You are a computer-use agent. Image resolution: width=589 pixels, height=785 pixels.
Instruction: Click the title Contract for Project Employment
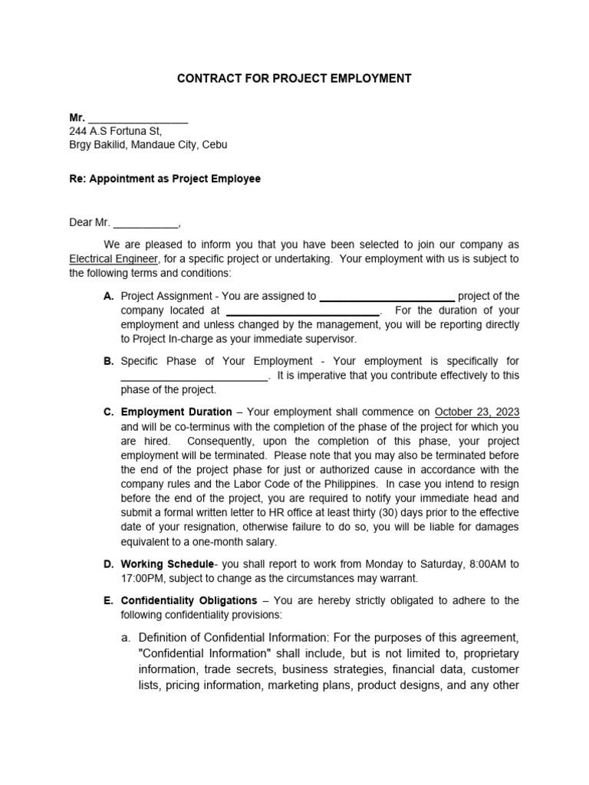pyautogui.click(x=294, y=78)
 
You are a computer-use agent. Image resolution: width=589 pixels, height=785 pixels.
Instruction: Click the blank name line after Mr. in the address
pyautogui.click(x=138, y=120)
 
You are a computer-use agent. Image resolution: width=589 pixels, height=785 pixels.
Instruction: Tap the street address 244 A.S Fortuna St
pyautogui.click(x=116, y=131)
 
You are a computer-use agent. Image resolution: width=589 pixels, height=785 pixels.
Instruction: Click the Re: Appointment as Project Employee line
pyautogui.click(x=165, y=179)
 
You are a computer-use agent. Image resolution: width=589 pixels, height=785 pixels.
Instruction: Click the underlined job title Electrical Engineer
pyautogui.click(x=114, y=259)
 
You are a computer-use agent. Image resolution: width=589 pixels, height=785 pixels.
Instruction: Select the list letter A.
pyautogui.click(x=108, y=296)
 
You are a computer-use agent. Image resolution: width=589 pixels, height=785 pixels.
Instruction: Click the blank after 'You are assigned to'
pyautogui.click(x=387, y=297)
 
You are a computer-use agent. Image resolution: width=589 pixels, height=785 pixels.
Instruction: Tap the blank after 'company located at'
pyautogui.click(x=303, y=312)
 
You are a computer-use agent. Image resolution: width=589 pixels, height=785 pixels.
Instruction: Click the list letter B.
pyautogui.click(x=108, y=361)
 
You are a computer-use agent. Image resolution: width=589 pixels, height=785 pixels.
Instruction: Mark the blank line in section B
pyautogui.click(x=194, y=376)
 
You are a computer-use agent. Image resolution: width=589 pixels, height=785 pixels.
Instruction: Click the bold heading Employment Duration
pyautogui.click(x=176, y=412)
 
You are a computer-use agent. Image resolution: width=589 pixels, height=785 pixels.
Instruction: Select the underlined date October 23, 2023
pyautogui.click(x=477, y=412)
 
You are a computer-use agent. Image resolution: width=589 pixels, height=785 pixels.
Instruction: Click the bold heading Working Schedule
pyautogui.click(x=168, y=564)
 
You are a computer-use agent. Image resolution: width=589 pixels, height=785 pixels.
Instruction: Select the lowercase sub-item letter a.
pyautogui.click(x=126, y=638)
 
